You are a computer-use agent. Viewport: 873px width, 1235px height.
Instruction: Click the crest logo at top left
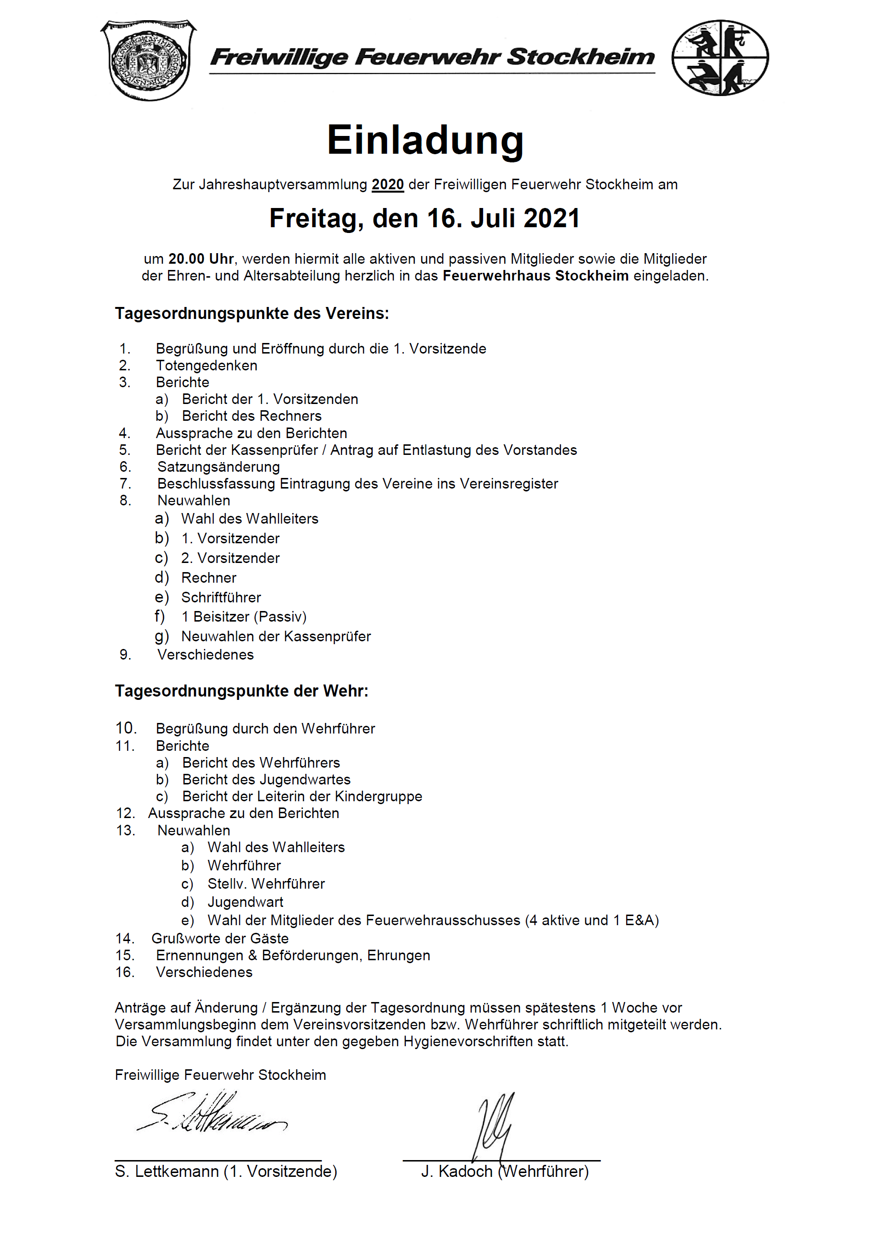click(149, 60)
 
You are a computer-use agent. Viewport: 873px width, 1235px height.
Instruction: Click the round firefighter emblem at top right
click(720, 58)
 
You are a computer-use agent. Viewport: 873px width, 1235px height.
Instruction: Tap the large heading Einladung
click(425, 140)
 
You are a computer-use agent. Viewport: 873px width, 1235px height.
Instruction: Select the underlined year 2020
click(388, 184)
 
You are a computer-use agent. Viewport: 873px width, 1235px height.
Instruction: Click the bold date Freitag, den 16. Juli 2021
click(424, 219)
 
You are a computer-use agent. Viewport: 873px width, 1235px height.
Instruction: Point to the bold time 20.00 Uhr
click(201, 259)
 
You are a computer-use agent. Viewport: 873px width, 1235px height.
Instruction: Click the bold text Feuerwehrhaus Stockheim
click(535, 276)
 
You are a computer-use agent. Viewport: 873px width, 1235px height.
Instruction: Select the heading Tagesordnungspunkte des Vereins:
click(252, 314)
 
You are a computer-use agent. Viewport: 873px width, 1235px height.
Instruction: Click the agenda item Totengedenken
click(206, 366)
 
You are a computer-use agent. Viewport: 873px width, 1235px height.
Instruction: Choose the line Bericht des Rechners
click(252, 416)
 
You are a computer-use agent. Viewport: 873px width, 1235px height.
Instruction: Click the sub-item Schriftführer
click(221, 598)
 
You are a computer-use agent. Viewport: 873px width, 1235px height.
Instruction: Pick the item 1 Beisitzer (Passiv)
click(244, 617)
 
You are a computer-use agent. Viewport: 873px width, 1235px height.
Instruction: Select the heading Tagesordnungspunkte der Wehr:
click(242, 691)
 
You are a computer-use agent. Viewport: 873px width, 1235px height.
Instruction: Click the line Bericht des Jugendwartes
click(266, 780)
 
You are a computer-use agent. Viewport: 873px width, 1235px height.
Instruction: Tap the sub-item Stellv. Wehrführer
click(266, 884)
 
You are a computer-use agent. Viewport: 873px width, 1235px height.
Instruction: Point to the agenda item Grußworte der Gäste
click(220, 939)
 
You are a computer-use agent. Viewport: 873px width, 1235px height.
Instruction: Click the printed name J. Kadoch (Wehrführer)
click(505, 1172)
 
